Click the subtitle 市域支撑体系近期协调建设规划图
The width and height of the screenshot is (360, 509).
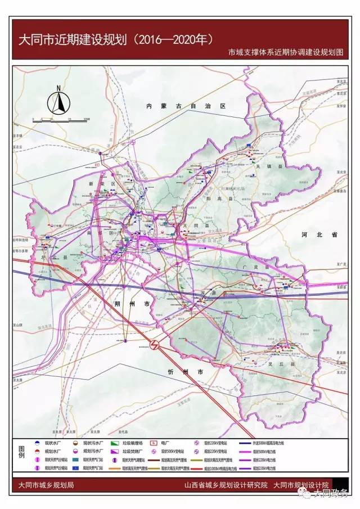tap(285, 52)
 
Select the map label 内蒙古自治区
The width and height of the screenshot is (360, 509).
tap(184, 106)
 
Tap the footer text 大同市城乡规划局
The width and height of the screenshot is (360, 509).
tap(46, 485)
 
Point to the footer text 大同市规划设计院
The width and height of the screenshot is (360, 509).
tap(301, 485)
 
